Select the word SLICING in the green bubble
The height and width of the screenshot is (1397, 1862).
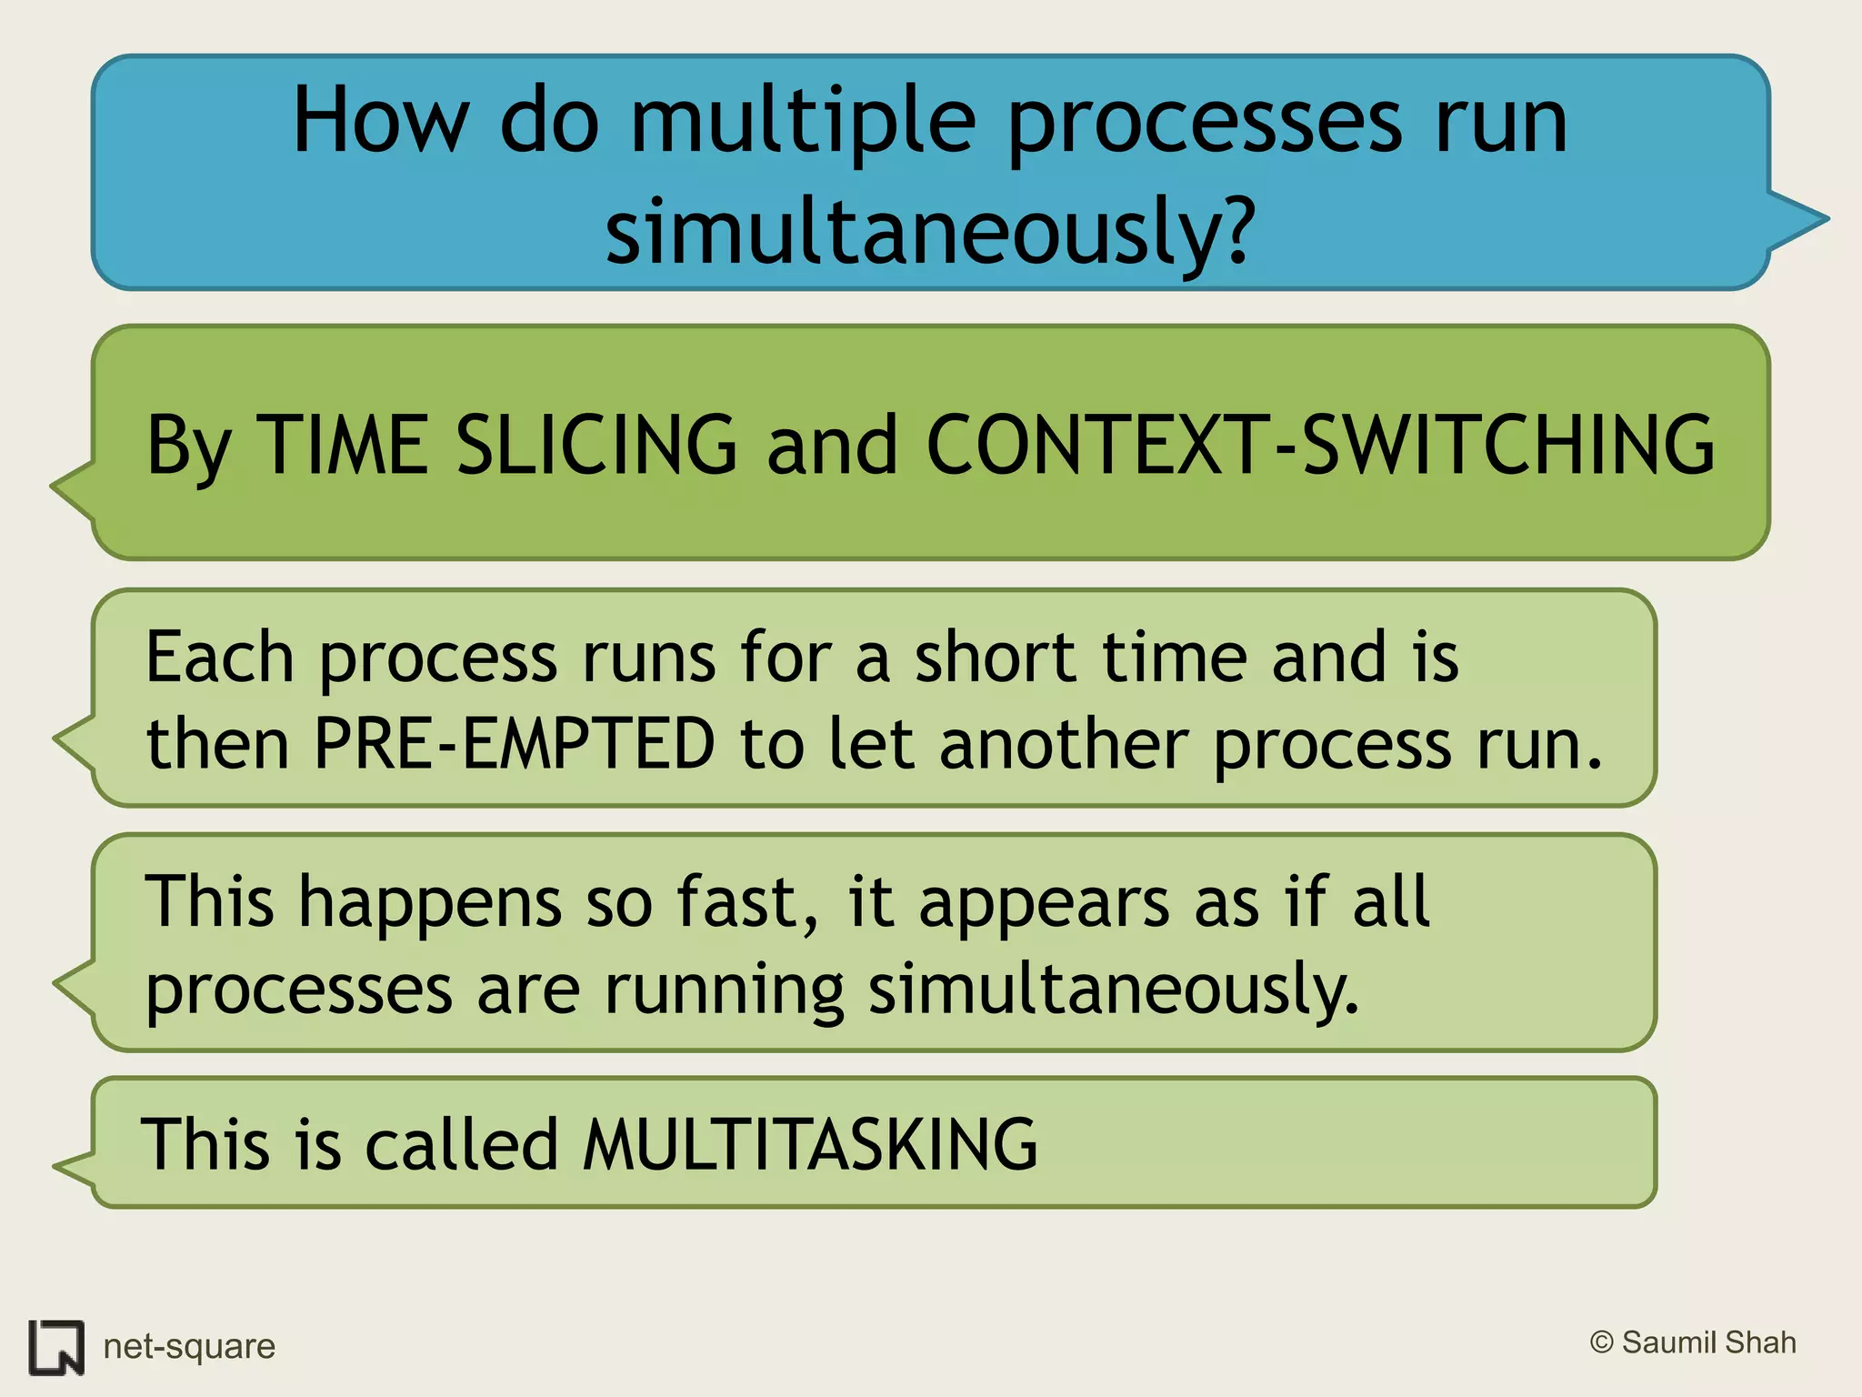(x=596, y=445)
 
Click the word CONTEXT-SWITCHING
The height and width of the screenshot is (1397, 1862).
(x=1319, y=445)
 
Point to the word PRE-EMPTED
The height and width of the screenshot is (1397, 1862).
(x=515, y=744)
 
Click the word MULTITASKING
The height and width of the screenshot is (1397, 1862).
(x=809, y=1144)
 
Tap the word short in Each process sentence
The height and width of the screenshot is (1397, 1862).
(x=996, y=657)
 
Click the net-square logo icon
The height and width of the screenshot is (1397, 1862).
(x=56, y=1347)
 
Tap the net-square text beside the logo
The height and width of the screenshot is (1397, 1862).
(x=189, y=1346)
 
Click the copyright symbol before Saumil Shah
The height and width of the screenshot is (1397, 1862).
(x=1601, y=1342)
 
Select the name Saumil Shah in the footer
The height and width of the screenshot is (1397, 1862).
(x=1709, y=1342)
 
